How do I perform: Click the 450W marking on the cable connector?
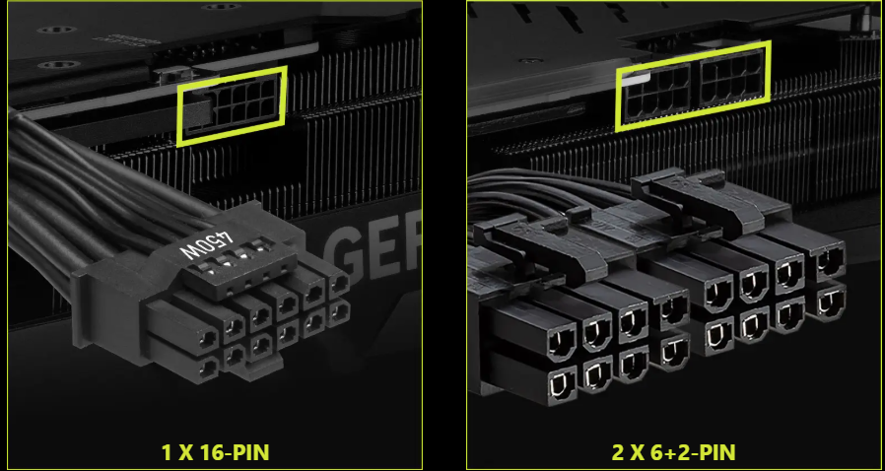[x=206, y=244]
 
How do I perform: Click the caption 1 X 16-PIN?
[x=215, y=452]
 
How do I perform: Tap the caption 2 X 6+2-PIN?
[x=673, y=452]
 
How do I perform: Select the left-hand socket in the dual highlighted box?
[x=656, y=93]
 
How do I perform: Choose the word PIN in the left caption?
[x=250, y=452]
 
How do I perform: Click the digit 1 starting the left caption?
[x=166, y=452]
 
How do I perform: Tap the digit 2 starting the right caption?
[x=617, y=452]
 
